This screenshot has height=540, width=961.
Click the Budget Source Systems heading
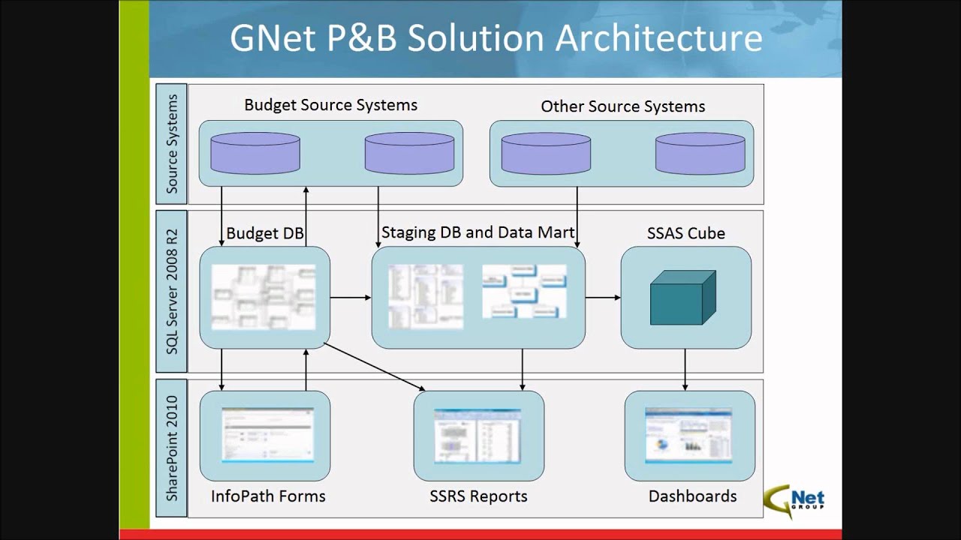[x=330, y=105]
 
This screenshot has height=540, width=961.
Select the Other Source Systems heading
[x=622, y=106]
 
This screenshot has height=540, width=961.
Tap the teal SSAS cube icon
[x=682, y=298]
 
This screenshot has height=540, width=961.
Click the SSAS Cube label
[x=685, y=233]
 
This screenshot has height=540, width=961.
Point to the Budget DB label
[x=264, y=233]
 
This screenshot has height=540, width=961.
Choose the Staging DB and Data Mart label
[x=477, y=232]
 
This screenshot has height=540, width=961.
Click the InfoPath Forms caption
[x=268, y=496]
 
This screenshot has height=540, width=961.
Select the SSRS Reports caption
[x=478, y=496]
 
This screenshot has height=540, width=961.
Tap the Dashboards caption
[x=692, y=496]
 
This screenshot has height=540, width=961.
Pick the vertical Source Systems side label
[x=172, y=144]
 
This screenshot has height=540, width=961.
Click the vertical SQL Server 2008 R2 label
[x=172, y=291]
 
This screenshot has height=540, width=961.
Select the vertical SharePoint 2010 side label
[x=172, y=448]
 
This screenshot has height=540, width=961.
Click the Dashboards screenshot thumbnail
[x=688, y=436]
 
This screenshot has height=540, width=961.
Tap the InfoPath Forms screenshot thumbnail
[x=268, y=435]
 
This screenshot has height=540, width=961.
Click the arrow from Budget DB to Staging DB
[x=351, y=298]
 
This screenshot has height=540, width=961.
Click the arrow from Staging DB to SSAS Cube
[x=603, y=298]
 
